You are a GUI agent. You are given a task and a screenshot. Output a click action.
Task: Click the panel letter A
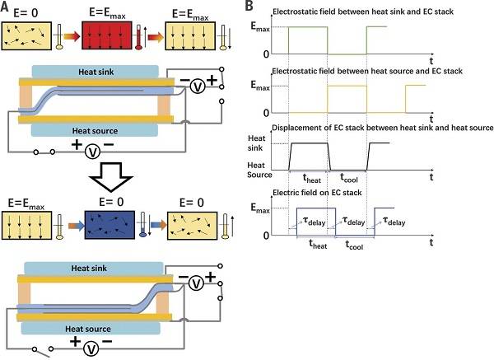pyautogui.click(x=7, y=7)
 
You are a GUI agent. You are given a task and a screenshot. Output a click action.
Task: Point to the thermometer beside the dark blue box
pyautogui.click(x=147, y=228)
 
